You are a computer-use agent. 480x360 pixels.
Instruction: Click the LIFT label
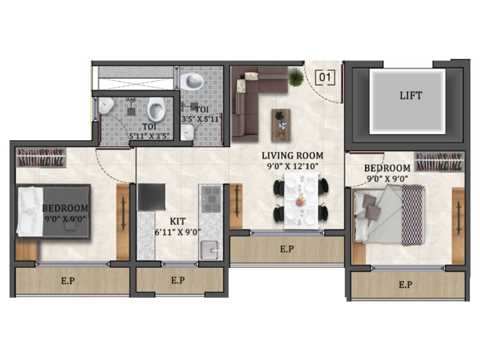pyautogui.click(x=411, y=96)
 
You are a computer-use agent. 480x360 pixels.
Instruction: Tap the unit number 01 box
pyautogui.click(x=325, y=77)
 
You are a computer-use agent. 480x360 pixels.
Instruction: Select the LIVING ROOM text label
pyautogui.click(x=292, y=156)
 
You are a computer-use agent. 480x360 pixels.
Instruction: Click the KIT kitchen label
pyautogui.click(x=178, y=222)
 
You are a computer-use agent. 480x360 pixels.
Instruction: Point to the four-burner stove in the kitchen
pyautogui.click(x=211, y=199)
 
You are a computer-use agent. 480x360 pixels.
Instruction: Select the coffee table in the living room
pyautogui.click(x=281, y=124)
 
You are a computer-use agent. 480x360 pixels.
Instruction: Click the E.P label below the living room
pyautogui.click(x=287, y=249)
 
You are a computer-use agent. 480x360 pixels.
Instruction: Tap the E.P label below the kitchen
pyautogui.click(x=178, y=280)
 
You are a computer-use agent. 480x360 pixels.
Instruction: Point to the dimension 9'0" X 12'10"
pyautogui.click(x=292, y=166)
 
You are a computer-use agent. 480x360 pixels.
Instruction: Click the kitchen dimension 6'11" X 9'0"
pyautogui.click(x=178, y=232)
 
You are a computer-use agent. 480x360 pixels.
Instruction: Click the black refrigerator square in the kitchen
pyautogui.click(x=151, y=197)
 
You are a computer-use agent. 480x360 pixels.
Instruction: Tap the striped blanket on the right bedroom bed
pyautogui.click(x=413, y=215)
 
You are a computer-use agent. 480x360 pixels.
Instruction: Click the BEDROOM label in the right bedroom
pyautogui.click(x=387, y=168)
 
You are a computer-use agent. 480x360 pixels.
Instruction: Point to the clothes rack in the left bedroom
pyautogui.click(x=41, y=157)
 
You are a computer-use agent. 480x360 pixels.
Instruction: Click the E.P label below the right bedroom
pyautogui.click(x=405, y=284)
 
